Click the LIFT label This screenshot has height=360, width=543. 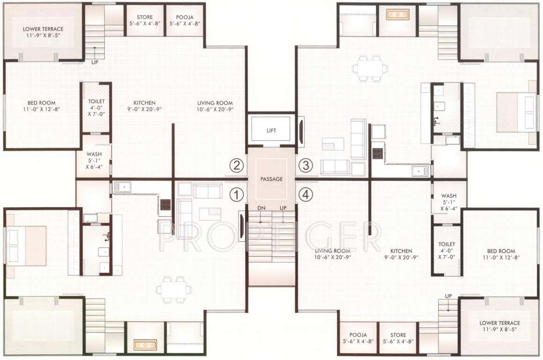(x=271, y=131)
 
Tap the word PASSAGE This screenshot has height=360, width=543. (x=271, y=179)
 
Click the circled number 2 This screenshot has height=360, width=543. (x=237, y=165)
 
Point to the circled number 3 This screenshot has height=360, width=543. (x=305, y=165)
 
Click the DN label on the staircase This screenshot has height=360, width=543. (x=261, y=208)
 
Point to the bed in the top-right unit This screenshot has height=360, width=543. (x=516, y=112)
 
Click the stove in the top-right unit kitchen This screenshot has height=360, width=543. (x=378, y=153)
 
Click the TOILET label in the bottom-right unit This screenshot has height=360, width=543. (x=446, y=244)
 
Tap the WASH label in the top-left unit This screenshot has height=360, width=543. (x=92, y=154)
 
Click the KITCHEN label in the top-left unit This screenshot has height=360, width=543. (x=144, y=103)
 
